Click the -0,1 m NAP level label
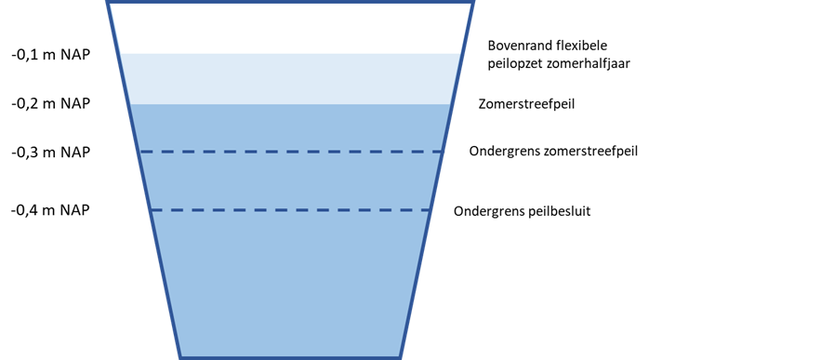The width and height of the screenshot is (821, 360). (51, 55)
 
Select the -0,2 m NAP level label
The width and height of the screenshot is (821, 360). (51, 103)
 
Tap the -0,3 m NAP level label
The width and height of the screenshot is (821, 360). (51, 153)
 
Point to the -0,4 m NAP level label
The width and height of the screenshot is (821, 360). (51, 210)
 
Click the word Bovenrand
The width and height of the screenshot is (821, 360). (511, 45)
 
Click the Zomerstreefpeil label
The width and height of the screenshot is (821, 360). (527, 104)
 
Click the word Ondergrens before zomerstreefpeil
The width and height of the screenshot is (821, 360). (505, 152)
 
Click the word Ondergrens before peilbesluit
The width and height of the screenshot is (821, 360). (490, 212)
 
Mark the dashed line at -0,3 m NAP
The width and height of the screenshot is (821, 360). (292, 152)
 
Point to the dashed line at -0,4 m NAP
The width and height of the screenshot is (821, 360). (291, 210)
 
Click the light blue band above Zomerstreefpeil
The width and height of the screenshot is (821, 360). (291, 78)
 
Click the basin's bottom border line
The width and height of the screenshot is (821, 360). (291, 357)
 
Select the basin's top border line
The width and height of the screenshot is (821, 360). (291, 2)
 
